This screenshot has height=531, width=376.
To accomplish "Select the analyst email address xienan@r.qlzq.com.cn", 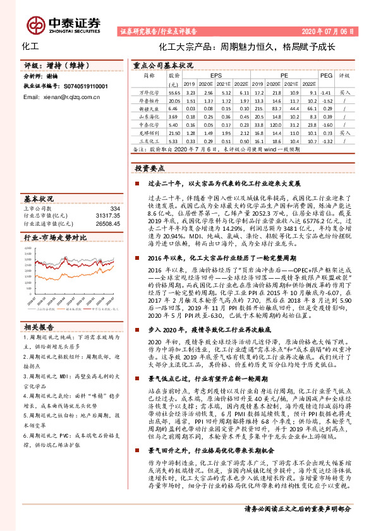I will pyautogui.click(x=61, y=98).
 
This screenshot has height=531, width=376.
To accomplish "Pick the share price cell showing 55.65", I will pyautogui.click(x=174, y=91).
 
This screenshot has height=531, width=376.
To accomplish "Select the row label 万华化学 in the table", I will pyautogui.click(x=147, y=91).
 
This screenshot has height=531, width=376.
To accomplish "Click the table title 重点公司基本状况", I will pyautogui.click(x=163, y=65).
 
